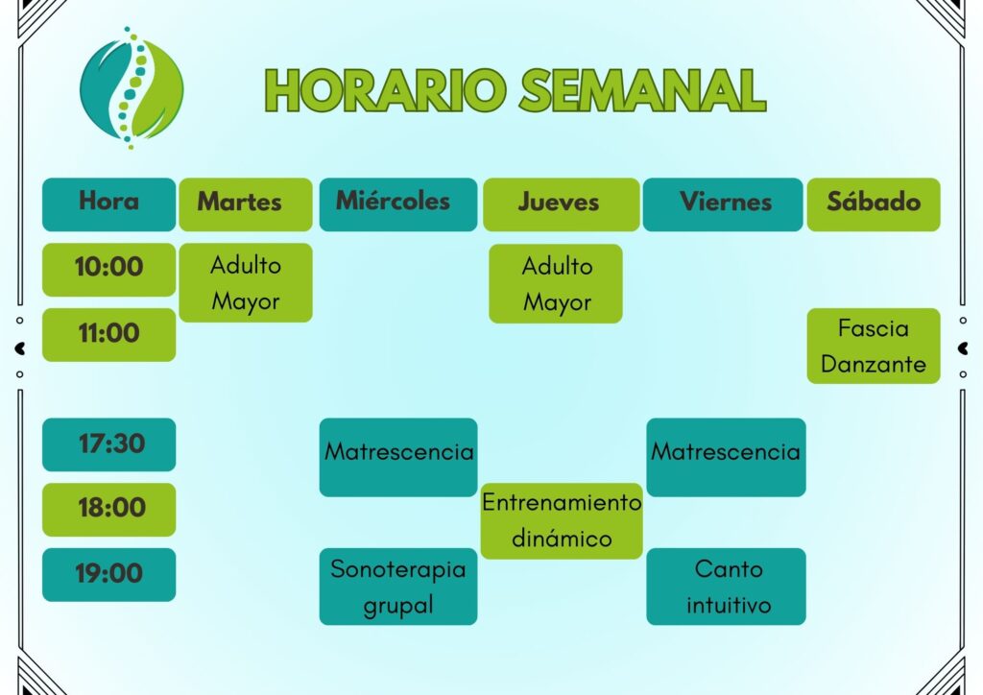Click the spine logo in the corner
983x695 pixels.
tap(132, 87)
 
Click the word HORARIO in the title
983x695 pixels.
tap(385, 90)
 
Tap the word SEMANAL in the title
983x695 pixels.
tap(643, 90)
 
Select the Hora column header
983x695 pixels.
tap(109, 204)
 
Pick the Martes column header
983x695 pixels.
tap(246, 204)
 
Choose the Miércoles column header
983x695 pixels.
tap(398, 204)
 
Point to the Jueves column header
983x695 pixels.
tap(561, 204)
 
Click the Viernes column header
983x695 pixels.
tap(723, 204)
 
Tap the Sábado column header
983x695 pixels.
tap(874, 204)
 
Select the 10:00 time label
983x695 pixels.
tap(109, 270)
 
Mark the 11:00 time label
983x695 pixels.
tap(109, 335)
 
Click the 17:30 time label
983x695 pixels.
tap(109, 444)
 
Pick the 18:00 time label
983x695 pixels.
tap(109, 510)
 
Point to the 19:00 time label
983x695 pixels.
tap(109, 575)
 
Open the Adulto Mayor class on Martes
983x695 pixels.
tap(246, 282)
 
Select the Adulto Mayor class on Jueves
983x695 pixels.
tap(556, 284)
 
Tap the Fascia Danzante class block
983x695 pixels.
tap(874, 346)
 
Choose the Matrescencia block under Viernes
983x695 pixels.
tap(726, 458)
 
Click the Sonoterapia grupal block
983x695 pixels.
tap(398, 587)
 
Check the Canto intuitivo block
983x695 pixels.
tap(726, 587)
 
